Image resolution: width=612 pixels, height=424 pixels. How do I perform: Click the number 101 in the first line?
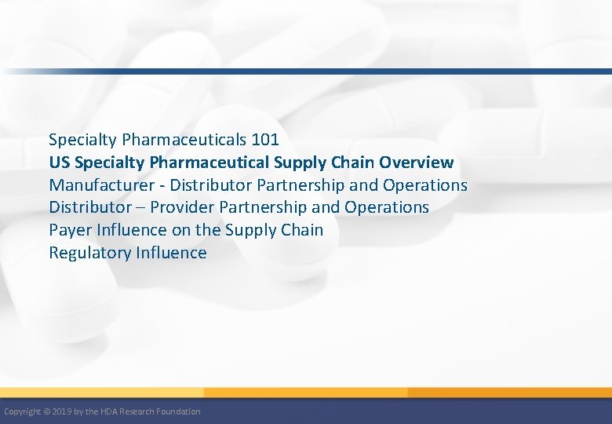[265, 140]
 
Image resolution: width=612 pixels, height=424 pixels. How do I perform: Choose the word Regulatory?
[89, 253]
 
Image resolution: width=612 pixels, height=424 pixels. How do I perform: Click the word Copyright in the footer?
[22, 411]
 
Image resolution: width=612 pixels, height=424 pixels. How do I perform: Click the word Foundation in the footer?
[179, 411]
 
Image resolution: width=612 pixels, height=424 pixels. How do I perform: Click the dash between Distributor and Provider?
[141, 208]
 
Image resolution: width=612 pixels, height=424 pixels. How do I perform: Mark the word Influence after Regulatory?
[171, 253]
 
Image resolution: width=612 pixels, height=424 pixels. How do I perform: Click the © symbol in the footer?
[47, 411]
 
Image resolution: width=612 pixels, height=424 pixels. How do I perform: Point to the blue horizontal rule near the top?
[314, 71]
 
